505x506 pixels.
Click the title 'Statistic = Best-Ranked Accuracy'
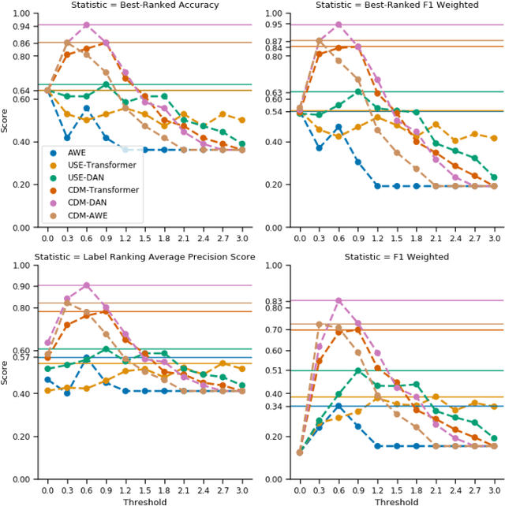pos(144,6)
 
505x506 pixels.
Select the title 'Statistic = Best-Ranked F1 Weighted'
pos(397,6)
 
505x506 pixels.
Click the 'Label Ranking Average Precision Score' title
pos(144,258)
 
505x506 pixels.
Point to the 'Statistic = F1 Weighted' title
pos(397,258)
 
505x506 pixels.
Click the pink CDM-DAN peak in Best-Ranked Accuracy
pos(87,25)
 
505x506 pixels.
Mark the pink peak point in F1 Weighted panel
pos(339,300)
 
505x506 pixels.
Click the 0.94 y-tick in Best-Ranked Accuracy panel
pos(22,26)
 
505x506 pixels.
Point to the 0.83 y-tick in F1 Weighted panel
pos(274,301)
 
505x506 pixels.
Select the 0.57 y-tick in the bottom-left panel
pos(22,358)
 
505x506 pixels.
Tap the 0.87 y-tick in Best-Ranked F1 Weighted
pos(274,41)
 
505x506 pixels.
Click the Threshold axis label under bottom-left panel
pos(144,500)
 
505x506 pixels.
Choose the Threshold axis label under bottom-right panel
pos(397,500)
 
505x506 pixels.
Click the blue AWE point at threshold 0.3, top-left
pos(67,138)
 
